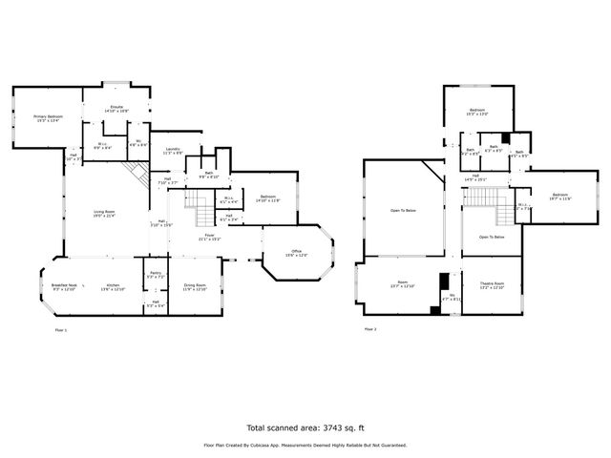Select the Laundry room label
pyautogui.click(x=173, y=149)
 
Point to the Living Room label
pyautogui.click(x=104, y=212)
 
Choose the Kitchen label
pyautogui.click(x=113, y=285)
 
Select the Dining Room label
pyautogui.click(x=195, y=285)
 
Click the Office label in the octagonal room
pyautogui.click(x=298, y=253)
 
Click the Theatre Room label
pyautogui.click(x=492, y=284)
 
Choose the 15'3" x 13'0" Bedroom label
pyautogui.click(x=477, y=111)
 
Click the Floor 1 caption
pyautogui.click(x=62, y=329)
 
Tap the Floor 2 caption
pyautogui.click(x=369, y=329)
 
